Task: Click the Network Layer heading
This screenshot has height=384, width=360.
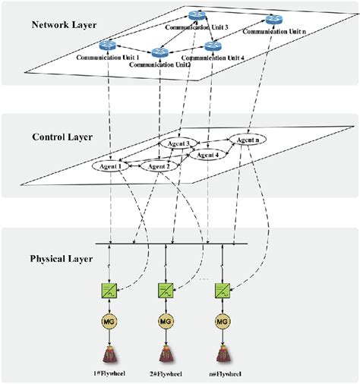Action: tap(64, 25)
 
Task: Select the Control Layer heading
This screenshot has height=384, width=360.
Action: tap(62, 137)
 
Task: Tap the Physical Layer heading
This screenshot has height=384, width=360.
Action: tap(60, 259)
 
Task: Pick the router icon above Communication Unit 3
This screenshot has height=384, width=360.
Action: tap(197, 16)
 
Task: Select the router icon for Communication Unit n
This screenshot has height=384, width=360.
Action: tap(273, 20)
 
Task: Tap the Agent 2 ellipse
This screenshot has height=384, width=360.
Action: tap(159, 166)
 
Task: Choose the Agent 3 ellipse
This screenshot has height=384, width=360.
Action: tap(177, 143)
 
